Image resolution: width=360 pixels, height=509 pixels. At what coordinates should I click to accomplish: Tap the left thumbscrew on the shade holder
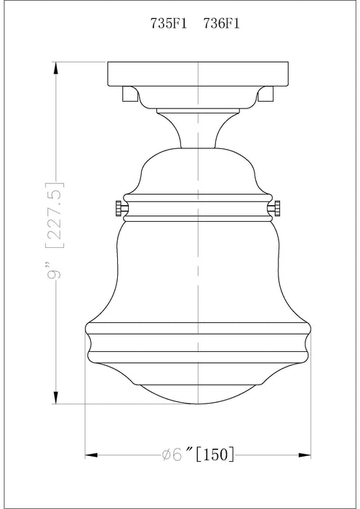(x=119, y=209)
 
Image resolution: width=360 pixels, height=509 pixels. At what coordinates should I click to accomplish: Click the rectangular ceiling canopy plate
(x=199, y=73)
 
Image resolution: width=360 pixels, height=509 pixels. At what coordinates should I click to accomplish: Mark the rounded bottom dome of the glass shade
(x=199, y=385)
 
